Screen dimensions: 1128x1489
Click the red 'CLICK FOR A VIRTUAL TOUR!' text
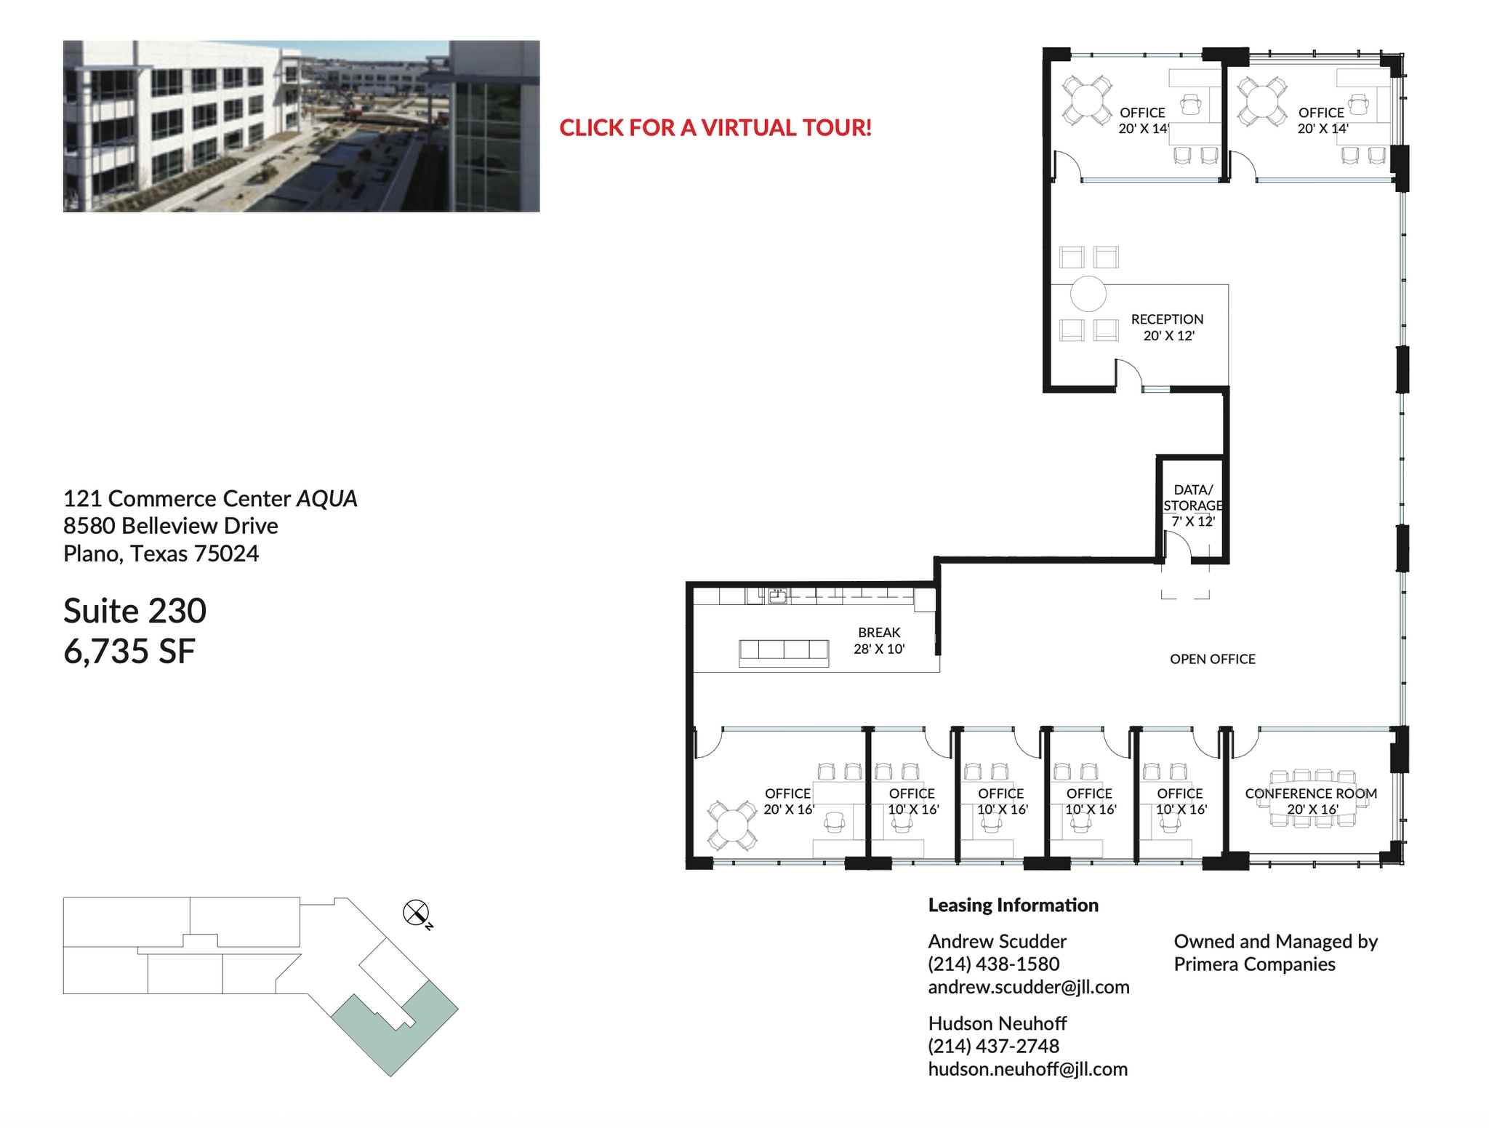pyautogui.click(x=715, y=128)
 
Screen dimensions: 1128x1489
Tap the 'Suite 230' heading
pyautogui.click(x=135, y=611)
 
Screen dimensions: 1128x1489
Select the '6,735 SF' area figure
pyautogui.click(x=129, y=651)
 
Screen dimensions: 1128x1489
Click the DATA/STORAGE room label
pyautogui.click(x=1192, y=505)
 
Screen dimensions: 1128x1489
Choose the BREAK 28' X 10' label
pyautogui.click(x=879, y=641)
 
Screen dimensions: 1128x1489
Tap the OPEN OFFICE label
pyautogui.click(x=1212, y=659)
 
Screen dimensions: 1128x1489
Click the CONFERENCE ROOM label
pyautogui.click(x=1310, y=793)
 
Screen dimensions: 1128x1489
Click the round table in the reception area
pyautogui.click(x=1088, y=295)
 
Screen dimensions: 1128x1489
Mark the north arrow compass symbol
pyautogui.click(x=416, y=912)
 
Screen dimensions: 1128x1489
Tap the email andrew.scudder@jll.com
pyautogui.click(x=1028, y=987)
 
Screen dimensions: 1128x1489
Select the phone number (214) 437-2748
pyautogui.click(x=993, y=1046)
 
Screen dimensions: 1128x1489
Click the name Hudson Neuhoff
pyautogui.click(x=997, y=1023)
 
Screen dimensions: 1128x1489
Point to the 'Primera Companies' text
pyautogui.click(x=1254, y=964)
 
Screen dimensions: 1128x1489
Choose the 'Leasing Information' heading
pyautogui.click(x=1013, y=905)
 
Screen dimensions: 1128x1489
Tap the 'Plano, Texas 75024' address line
pyautogui.click(x=161, y=554)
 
